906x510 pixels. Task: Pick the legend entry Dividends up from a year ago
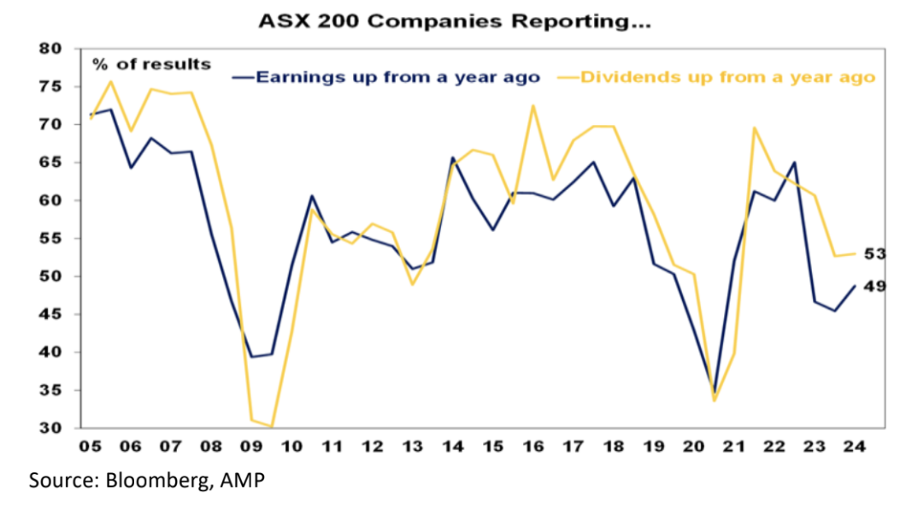727,77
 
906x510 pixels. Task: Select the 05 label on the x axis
90,448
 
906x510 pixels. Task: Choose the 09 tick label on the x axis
252,448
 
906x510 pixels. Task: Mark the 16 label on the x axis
533,448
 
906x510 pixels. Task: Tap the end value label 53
874,254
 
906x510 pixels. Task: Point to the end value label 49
874,286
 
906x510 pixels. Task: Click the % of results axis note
151,64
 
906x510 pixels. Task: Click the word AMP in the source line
241,481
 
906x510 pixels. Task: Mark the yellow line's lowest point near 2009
272,426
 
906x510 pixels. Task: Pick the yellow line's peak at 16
533,106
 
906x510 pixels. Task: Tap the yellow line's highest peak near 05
111,81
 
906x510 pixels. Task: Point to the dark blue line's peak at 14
452,157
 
